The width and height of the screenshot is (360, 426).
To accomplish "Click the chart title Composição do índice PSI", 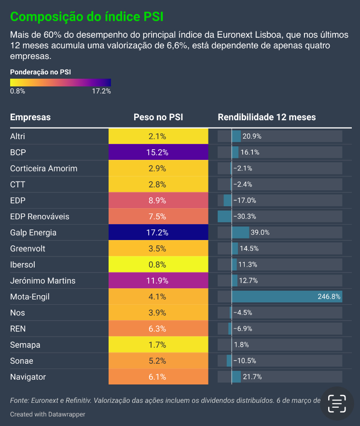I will [x=87, y=17].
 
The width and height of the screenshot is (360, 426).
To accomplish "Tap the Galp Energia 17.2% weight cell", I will [x=158, y=233].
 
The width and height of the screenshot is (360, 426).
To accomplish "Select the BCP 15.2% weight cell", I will [x=158, y=153].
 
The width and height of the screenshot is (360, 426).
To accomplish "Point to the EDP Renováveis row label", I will [x=40, y=216].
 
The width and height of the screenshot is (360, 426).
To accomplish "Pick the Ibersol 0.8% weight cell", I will [x=158, y=265].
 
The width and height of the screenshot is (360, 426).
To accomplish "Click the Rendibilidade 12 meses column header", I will [x=267, y=117].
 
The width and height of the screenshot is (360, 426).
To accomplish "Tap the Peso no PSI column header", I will [x=158, y=117].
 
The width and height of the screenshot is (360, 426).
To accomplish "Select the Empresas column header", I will [x=30, y=117].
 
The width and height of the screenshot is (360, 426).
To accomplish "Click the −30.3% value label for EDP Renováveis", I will [x=244, y=216].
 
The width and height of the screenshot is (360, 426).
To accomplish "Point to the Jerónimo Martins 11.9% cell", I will [x=158, y=281].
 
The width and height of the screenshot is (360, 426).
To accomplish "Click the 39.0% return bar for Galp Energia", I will [x=240, y=233].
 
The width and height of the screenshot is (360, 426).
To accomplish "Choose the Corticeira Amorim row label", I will [x=43, y=169].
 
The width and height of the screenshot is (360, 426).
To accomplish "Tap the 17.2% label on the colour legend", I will [x=101, y=91].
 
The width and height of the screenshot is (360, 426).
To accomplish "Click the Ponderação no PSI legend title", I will [x=41, y=71].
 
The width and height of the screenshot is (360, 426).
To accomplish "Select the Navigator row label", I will [x=28, y=377].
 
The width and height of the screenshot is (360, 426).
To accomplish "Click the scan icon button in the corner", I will [x=337, y=403].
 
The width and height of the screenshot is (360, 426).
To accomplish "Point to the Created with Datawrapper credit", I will [x=47, y=414].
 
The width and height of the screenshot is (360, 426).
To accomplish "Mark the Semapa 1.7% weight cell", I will [x=158, y=345].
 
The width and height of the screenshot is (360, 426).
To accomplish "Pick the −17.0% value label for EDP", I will [x=244, y=200].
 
